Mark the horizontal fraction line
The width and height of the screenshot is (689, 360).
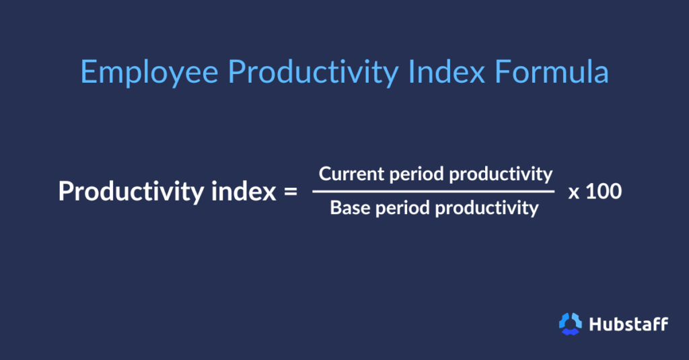(x=433, y=192)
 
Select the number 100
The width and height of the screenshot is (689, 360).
(x=604, y=192)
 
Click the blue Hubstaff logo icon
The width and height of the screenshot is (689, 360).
(x=570, y=324)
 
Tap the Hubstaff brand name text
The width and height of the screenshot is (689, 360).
(x=628, y=324)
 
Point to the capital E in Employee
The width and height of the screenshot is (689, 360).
(x=87, y=71)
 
